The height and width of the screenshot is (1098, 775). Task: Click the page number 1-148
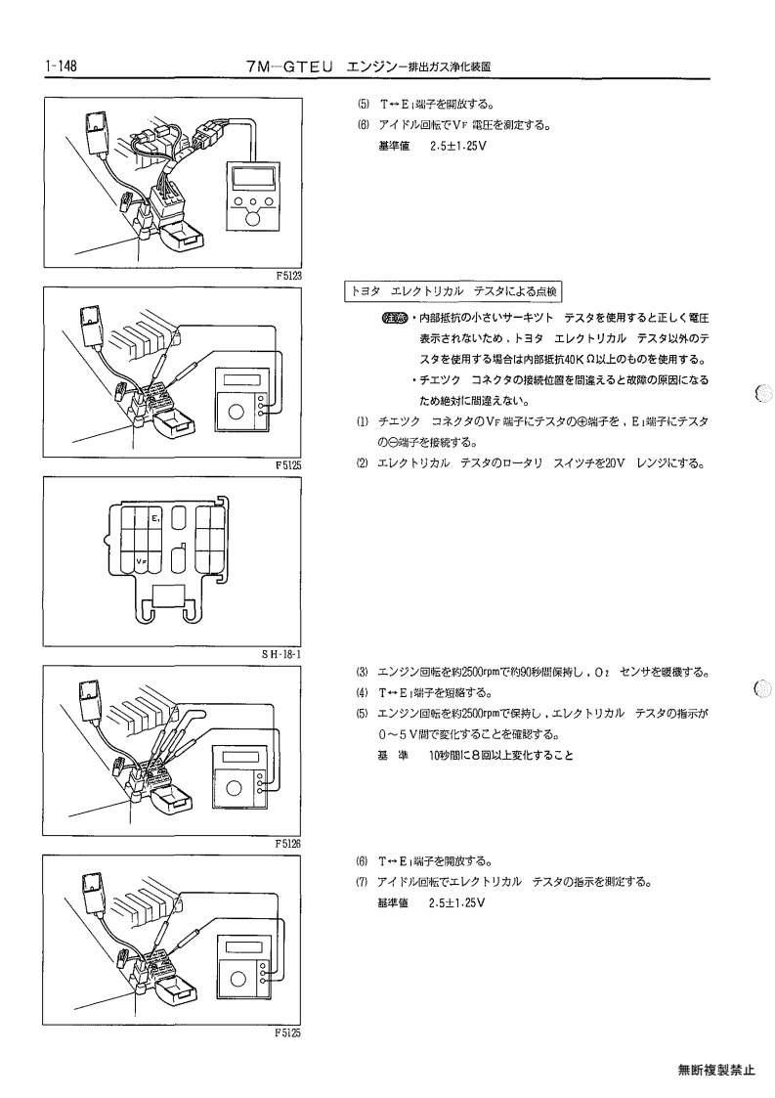[61, 66]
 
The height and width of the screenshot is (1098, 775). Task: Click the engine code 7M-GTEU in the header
[287, 67]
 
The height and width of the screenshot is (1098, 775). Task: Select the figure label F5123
[288, 276]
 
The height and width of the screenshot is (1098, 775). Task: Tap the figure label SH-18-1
[280, 655]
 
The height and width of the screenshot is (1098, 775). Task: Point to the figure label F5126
[288, 844]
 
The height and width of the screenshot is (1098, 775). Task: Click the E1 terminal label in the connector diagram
[156, 519]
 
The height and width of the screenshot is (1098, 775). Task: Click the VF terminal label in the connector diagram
[141, 560]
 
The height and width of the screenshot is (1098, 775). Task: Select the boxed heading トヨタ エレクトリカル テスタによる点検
[453, 292]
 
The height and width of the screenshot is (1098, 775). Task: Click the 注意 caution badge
[394, 318]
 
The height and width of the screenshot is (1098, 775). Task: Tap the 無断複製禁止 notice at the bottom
[716, 1070]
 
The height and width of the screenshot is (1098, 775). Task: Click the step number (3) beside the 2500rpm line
[362, 673]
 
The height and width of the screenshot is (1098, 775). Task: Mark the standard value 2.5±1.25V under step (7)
[456, 902]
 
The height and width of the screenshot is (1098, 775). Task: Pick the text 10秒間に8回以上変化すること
[501, 756]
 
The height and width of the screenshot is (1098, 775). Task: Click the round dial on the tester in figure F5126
[234, 789]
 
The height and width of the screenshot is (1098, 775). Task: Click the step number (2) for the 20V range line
[362, 463]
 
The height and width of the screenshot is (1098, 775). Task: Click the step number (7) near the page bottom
[362, 882]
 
